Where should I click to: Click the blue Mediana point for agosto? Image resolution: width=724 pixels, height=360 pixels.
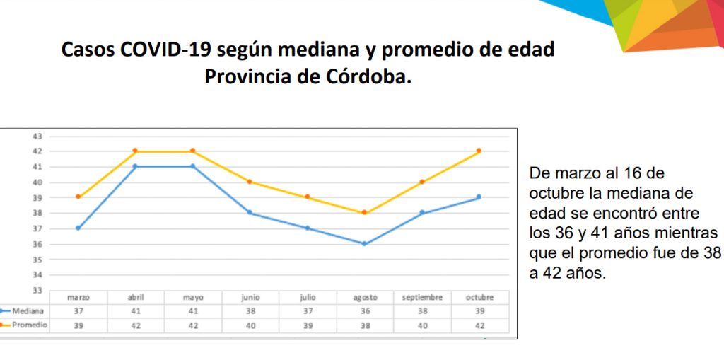click(x=364, y=244)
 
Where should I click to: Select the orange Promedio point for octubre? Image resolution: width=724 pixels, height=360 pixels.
click(x=479, y=151)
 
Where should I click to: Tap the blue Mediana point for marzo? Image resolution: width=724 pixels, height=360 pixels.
click(x=78, y=228)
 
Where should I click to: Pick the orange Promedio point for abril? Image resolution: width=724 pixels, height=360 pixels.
click(x=135, y=151)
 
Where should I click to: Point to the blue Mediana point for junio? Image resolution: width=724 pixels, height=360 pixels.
click(x=250, y=213)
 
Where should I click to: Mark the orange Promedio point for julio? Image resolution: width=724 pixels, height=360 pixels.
click(x=307, y=197)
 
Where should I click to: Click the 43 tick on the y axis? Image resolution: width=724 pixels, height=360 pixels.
click(x=37, y=136)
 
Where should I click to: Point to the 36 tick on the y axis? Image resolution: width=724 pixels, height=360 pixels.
click(x=37, y=244)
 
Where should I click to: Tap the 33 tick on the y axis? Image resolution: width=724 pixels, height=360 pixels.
click(x=37, y=290)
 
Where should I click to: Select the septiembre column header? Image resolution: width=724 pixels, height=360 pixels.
click(x=421, y=298)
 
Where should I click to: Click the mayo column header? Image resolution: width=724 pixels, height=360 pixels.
click(x=192, y=298)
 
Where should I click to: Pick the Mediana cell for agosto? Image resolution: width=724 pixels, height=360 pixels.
click(x=364, y=311)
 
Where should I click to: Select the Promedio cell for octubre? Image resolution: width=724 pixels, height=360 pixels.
click(x=479, y=325)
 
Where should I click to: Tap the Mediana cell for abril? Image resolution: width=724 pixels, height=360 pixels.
click(x=135, y=311)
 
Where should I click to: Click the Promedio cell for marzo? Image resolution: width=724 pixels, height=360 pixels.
click(x=78, y=325)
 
